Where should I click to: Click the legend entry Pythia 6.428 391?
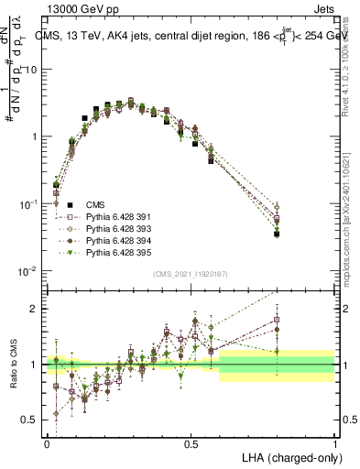(x=116, y=215)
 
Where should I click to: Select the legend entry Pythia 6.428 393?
(x=116, y=227)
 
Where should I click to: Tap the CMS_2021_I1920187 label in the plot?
(x=191, y=274)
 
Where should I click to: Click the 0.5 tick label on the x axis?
(x=191, y=442)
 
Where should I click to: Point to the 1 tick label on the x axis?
(x=335, y=442)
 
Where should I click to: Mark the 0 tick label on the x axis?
(x=47, y=442)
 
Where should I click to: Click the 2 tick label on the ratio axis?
(x=33, y=309)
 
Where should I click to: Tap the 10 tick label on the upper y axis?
(x=30, y=70)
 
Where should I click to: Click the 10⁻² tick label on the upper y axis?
(x=27, y=271)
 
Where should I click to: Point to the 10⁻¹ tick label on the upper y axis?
(x=27, y=204)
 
